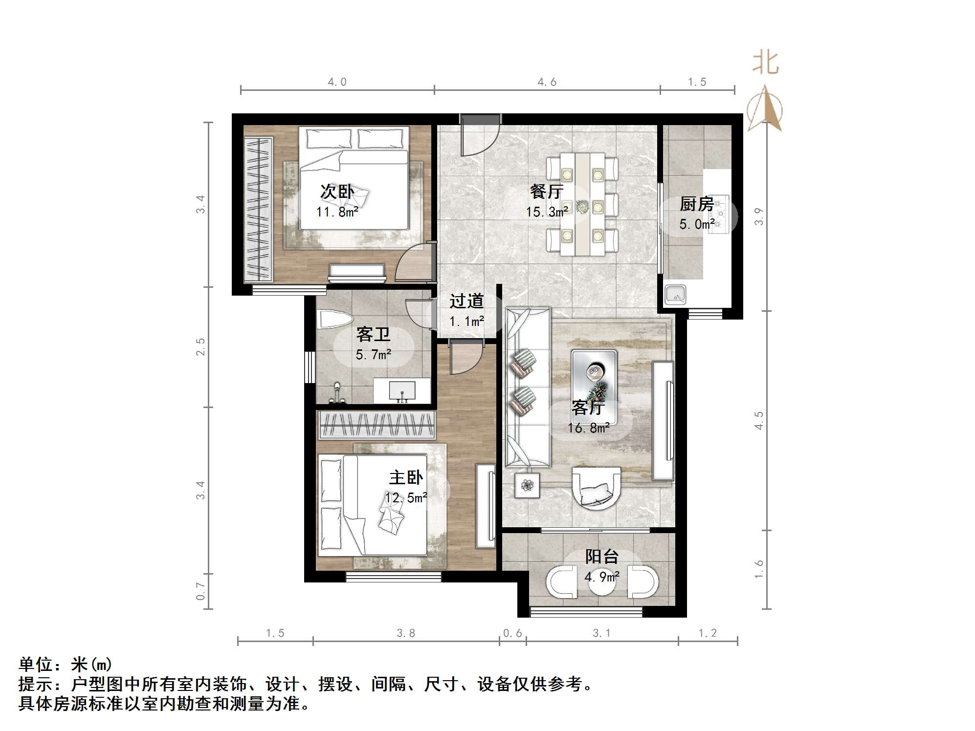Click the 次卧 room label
[337, 192]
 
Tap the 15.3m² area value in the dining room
[547, 212]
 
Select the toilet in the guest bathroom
[335, 321]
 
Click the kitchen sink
[675, 295]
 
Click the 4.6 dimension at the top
[547, 82]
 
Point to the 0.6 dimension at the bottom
[512, 633]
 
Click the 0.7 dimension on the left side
[200, 591]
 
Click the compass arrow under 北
[766, 108]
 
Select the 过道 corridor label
[466, 301]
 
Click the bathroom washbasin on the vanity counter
[402, 390]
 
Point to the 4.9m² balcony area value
[601, 577]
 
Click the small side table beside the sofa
[527, 485]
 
